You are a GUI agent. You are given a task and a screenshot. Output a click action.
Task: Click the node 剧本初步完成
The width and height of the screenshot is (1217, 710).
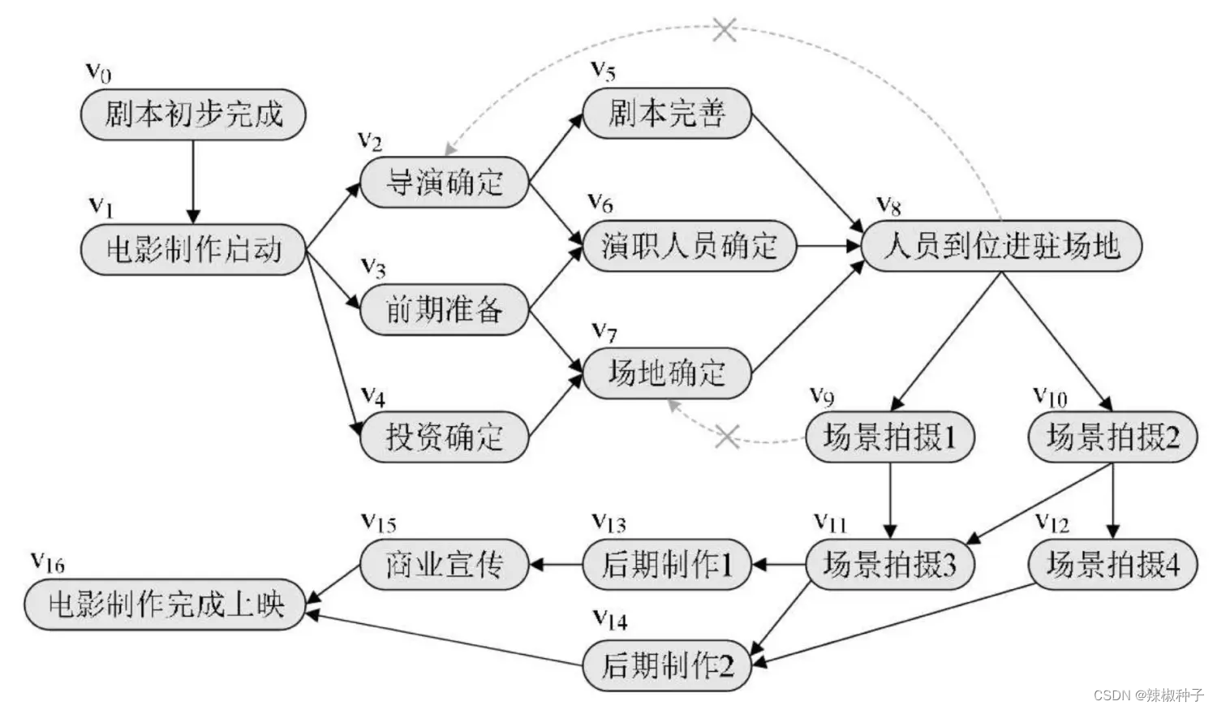193,114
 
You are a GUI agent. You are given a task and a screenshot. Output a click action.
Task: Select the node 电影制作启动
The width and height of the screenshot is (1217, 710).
193,249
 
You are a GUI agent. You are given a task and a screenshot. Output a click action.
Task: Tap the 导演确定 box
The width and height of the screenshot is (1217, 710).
444,183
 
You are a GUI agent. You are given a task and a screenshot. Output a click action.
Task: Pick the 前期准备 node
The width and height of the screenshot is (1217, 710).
444,309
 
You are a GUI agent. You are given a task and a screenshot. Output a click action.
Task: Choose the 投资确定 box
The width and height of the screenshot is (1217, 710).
444,437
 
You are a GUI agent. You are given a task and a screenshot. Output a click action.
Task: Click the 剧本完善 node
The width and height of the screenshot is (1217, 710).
667,113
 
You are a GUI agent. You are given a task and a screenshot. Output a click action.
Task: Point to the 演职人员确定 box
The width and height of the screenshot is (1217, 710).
690,246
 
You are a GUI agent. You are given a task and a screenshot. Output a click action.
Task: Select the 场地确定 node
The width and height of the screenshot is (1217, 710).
667,373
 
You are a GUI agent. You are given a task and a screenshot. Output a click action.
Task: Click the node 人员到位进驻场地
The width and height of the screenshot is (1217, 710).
1001,246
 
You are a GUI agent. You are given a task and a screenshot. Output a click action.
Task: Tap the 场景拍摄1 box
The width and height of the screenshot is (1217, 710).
890,437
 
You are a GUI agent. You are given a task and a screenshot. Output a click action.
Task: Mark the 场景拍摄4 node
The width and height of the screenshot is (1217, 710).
1112,564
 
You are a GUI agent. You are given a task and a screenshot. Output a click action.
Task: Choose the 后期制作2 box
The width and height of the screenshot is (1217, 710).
667,666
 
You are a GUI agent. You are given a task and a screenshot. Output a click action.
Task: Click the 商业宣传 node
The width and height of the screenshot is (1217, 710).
444,564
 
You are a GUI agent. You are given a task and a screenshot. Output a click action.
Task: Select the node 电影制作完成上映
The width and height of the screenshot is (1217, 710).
166,605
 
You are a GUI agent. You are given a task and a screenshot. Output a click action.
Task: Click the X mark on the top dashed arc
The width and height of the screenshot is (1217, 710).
725,31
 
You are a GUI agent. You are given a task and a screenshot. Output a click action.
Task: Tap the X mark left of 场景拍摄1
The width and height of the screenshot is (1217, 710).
727,437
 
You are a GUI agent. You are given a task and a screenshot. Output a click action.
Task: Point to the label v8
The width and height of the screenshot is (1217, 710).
889,206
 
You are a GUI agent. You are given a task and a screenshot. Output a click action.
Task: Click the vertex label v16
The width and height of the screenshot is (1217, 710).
47,562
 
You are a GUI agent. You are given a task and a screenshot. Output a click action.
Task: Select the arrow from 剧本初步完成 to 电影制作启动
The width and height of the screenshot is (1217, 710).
193,181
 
